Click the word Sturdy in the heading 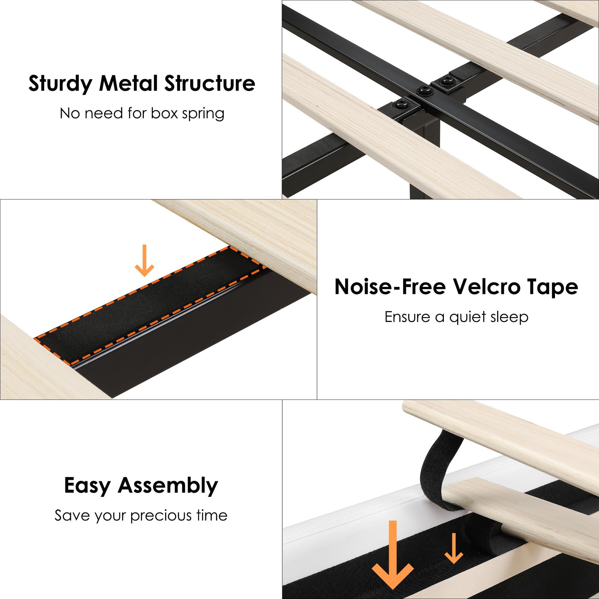coord(60,84)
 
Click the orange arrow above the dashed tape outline coord(144,260)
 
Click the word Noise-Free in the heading coord(390,287)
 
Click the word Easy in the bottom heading coord(87,486)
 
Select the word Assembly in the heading coord(168,486)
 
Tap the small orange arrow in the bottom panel coord(454,548)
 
